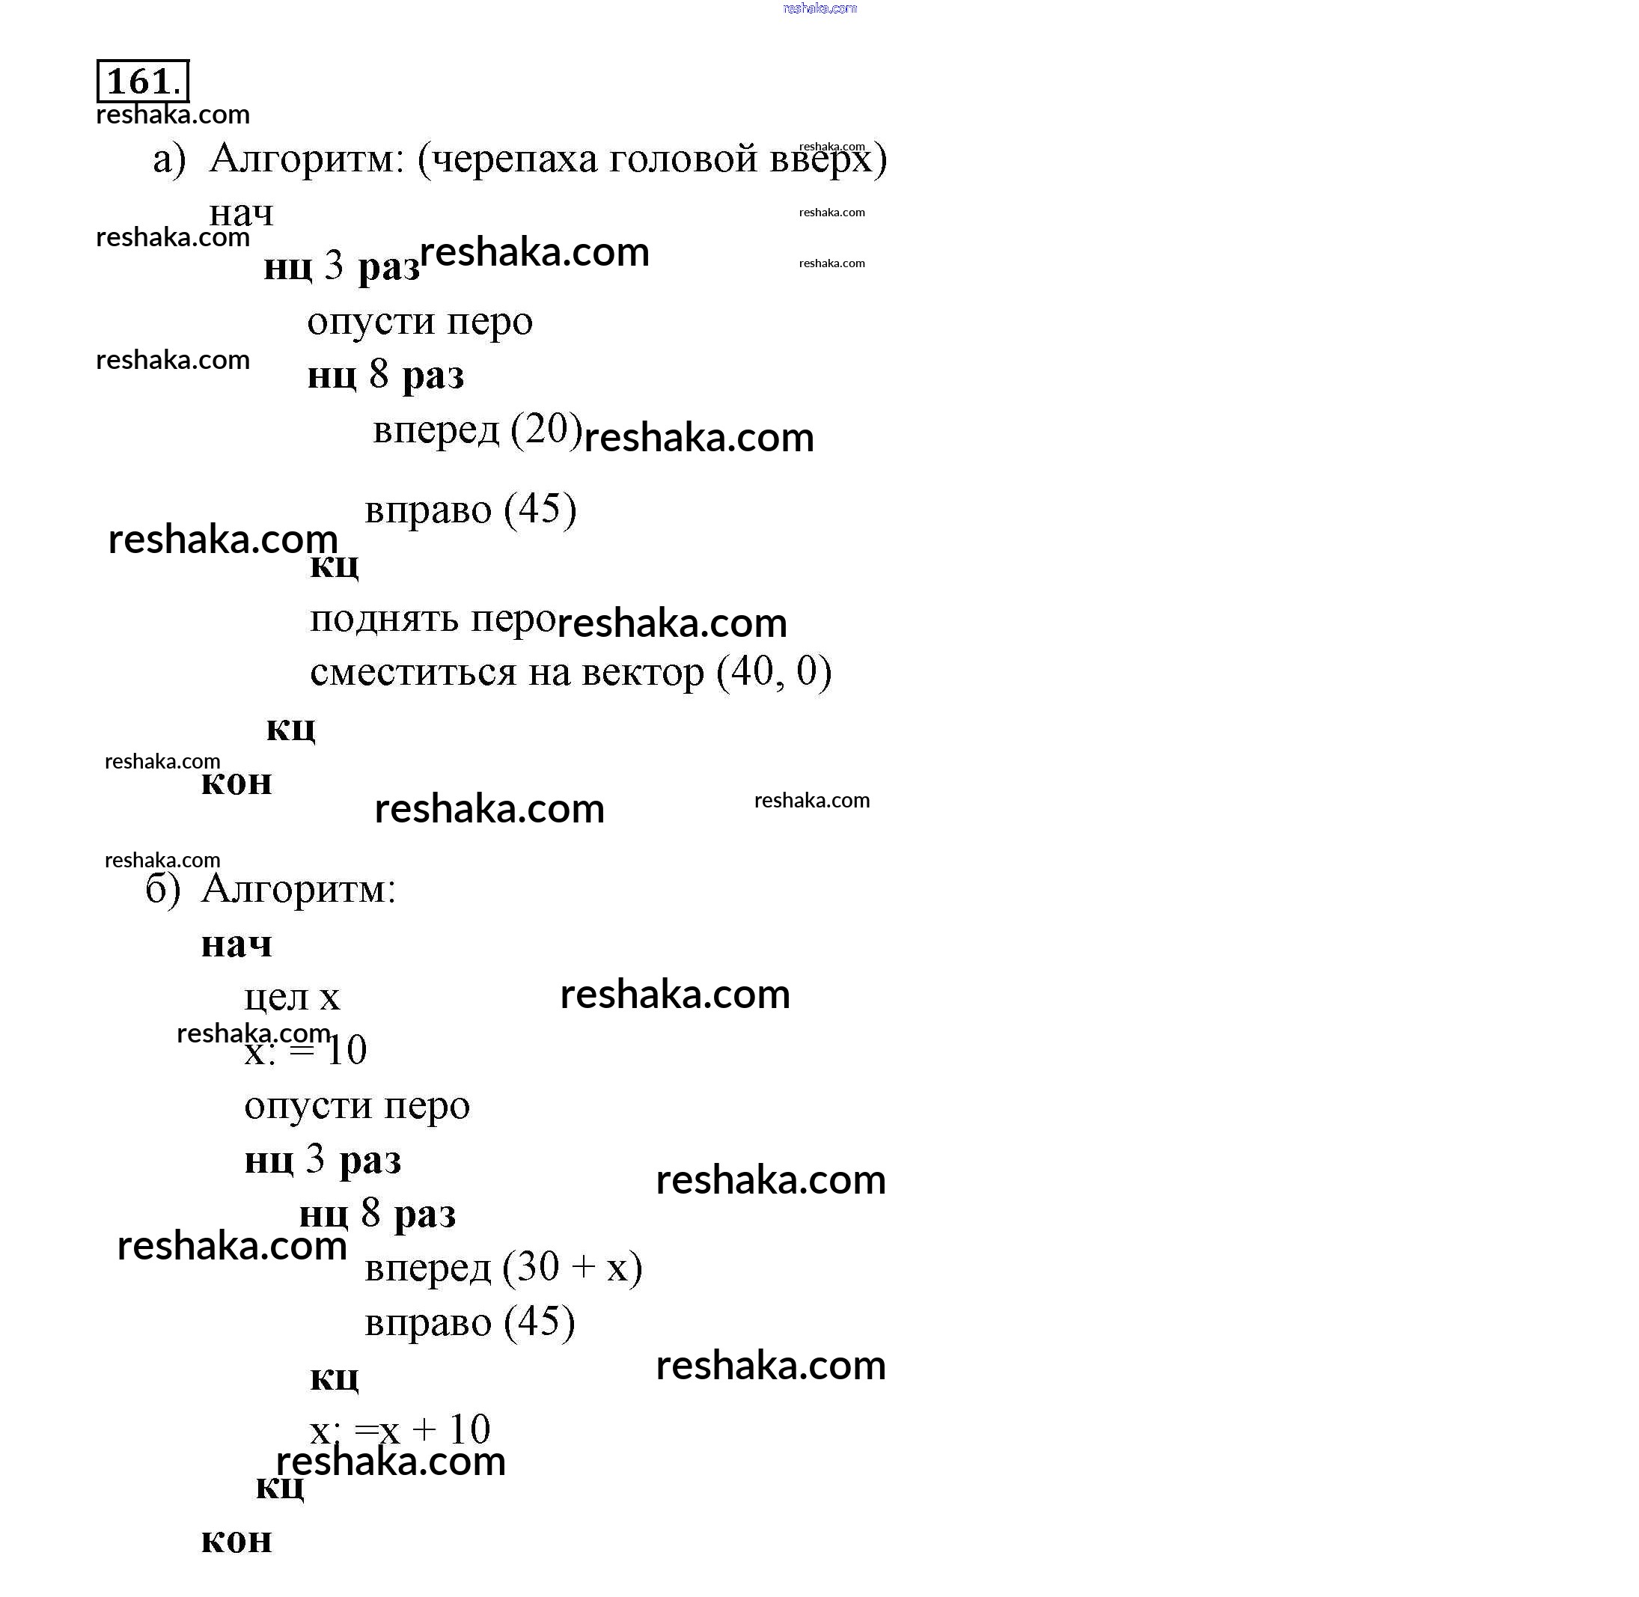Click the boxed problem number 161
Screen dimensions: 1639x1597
click(x=143, y=82)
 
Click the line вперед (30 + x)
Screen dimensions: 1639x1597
click(x=503, y=1268)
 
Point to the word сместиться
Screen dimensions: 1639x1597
click(x=412, y=673)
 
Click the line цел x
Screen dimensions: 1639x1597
click(x=292, y=997)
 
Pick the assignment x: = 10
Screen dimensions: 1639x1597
click(x=305, y=1050)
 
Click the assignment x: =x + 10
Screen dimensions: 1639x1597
click(x=400, y=1429)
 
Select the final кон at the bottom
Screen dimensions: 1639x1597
click(x=236, y=1540)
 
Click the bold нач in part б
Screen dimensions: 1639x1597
click(x=236, y=944)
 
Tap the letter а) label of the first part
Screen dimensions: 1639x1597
click(x=169, y=159)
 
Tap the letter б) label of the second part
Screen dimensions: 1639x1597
click(x=162, y=889)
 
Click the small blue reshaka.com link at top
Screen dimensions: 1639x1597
click(x=820, y=8)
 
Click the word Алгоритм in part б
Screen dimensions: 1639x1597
click(x=299, y=890)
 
